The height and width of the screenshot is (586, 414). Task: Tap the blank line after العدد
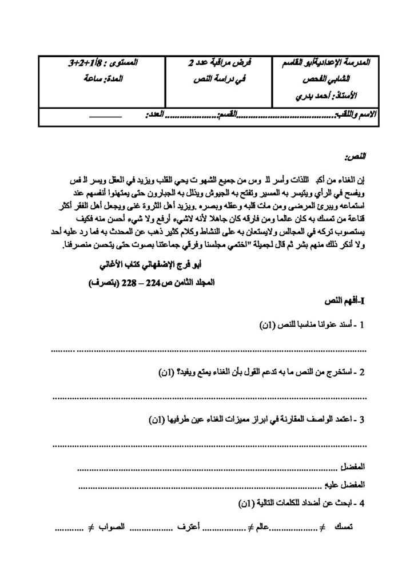[x=106, y=116]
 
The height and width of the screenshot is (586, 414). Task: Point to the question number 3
[x=362, y=419]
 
